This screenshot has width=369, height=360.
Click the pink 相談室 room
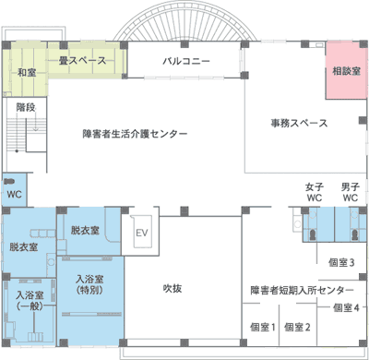346,70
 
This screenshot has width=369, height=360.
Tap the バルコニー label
186,61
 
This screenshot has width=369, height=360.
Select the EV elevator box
142,232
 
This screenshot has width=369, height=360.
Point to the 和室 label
27,73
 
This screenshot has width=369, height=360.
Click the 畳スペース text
82,61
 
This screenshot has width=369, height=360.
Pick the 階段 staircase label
26,107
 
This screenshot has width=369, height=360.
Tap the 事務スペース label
299,123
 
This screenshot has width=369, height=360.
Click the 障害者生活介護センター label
135,134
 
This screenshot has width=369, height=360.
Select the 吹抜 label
173,288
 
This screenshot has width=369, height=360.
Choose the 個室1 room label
263,327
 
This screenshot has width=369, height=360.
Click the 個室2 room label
297,327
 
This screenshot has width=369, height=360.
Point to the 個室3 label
341,262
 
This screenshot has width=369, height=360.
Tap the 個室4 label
346,307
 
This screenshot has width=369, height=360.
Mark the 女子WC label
315,192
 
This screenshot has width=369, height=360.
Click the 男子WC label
351,192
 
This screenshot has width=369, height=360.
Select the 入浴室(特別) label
89,284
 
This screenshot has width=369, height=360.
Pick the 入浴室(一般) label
30,301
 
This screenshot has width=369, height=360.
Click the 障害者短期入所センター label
302,290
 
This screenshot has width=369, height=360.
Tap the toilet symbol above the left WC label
9,181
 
